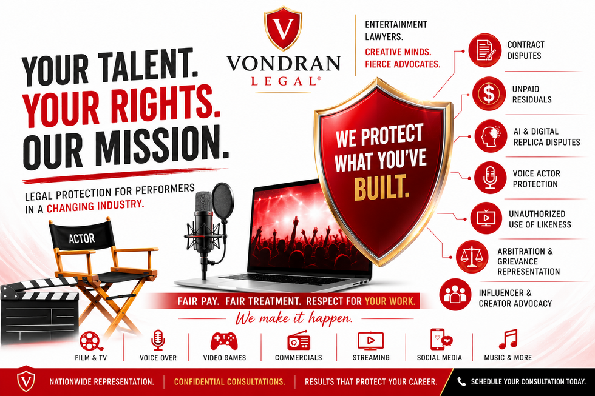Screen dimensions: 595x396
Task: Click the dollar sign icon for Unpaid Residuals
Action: (489, 93)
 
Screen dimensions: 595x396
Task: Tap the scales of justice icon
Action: (472, 257)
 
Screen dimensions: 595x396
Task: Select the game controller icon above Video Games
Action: (224, 341)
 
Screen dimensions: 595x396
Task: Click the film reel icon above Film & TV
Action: (90, 341)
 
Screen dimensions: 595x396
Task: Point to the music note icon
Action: (508, 339)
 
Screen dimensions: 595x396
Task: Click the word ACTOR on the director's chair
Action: (81, 238)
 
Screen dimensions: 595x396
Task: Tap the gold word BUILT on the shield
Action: (382, 187)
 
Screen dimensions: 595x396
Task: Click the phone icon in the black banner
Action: (461, 381)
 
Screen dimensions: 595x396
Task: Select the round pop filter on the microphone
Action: (223, 201)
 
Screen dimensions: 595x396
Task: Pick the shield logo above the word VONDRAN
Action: (283, 29)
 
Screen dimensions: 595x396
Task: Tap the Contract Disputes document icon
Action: (484, 50)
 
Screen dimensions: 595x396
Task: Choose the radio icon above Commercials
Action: (299, 340)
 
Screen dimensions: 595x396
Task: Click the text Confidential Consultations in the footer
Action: (229, 381)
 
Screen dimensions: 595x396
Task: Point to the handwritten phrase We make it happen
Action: (294, 318)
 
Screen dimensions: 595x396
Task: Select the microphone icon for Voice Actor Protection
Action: (491, 178)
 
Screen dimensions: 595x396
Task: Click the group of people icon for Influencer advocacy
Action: (455, 295)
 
